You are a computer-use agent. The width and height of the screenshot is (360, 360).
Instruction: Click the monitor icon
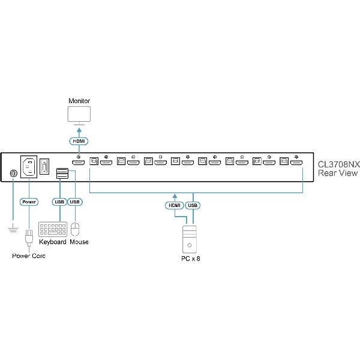pyautogui.click(x=79, y=114)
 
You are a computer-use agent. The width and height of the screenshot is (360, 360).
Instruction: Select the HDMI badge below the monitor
pyautogui.click(x=79, y=142)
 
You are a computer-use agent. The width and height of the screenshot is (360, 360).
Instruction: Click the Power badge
pyautogui.click(x=29, y=202)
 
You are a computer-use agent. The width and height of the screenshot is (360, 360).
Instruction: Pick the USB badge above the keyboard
pyautogui.click(x=59, y=202)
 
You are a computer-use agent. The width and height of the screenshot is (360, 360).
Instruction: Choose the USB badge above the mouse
pyautogui.click(x=75, y=202)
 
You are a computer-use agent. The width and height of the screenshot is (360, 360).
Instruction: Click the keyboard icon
pyautogui.click(x=53, y=230)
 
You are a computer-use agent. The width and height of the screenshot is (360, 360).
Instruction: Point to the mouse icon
pyautogui.click(x=75, y=230)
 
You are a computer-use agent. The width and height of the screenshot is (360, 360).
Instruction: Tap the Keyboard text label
pyautogui.click(x=53, y=242)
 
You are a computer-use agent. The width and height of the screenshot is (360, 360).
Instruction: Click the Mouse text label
pyautogui.click(x=79, y=242)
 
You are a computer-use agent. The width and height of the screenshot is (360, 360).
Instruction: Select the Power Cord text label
pyautogui.click(x=29, y=256)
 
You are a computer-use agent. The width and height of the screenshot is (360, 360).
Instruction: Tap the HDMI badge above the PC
pyautogui.click(x=174, y=205)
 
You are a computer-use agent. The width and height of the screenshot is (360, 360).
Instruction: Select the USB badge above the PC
pyautogui.click(x=193, y=205)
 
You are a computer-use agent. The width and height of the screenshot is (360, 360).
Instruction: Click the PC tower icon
pyautogui.click(x=188, y=239)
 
